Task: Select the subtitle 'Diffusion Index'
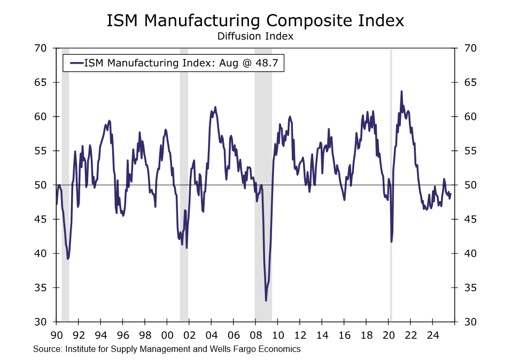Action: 255,36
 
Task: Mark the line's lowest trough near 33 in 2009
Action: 266,300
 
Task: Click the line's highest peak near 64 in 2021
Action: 401,91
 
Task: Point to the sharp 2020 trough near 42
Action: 392,242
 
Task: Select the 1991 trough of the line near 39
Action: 68,259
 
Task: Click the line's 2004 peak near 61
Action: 215,107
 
